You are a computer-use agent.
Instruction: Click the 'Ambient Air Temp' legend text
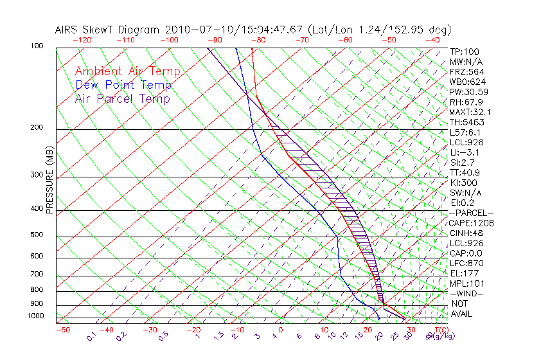127,71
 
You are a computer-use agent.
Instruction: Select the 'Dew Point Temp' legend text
123,85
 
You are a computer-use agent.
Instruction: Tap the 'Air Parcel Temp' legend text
122,98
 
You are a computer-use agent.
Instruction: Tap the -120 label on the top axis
82,40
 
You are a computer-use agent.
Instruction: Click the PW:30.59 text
467,92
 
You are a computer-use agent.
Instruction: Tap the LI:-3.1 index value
464,152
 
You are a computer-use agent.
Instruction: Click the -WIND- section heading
466,293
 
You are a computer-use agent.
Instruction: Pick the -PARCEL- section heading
471,213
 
